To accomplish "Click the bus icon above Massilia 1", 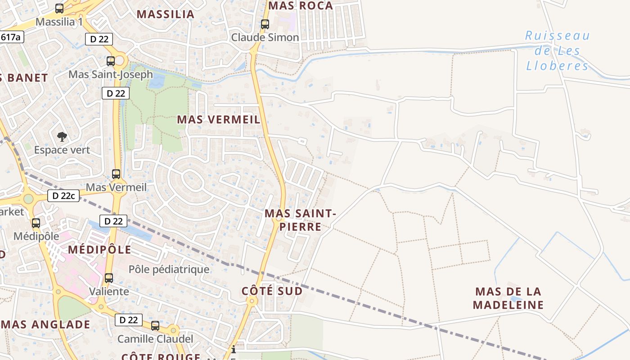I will click(x=59, y=8).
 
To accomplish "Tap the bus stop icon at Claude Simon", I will click(x=265, y=24).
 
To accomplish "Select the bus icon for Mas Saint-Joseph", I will click(x=111, y=61).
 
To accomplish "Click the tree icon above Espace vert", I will click(x=62, y=136).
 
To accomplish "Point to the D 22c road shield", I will click(x=63, y=196).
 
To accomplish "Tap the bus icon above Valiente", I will click(x=109, y=278).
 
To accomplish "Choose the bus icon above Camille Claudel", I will click(x=155, y=325).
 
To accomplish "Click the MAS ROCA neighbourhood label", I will click(x=301, y=6).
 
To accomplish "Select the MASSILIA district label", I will click(x=166, y=14).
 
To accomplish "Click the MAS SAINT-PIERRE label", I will click(x=300, y=220).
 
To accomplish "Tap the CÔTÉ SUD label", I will click(x=272, y=291).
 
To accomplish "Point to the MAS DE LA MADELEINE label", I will click(x=508, y=298).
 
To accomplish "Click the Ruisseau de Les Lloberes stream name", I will click(x=557, y=51).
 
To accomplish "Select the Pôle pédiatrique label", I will click(x=169, y=270).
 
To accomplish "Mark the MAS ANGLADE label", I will click(x=45, y=324).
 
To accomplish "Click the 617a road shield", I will click(x=11, y=37).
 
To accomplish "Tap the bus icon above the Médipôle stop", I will click(x=36, y=223).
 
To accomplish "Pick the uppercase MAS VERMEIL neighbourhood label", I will click(x=219, y=120).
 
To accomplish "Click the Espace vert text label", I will click(x=62, y=150).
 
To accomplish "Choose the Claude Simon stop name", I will click(x=265, y=37).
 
